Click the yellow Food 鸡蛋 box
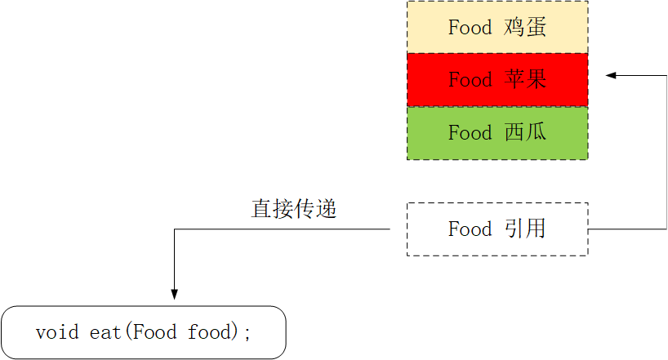point(497,27)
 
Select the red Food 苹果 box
point(497,80)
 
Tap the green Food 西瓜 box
point(497,133)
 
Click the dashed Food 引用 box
point(497,229)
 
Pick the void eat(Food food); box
point(144,332)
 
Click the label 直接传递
point(294,209)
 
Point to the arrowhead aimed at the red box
point(611,76)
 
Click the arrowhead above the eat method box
point(173,294)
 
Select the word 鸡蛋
point(524,27)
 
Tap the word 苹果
point(524,80)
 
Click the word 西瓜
point(524,133)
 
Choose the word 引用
point(524,229)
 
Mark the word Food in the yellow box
point(470,27)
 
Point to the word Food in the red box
point(470,80)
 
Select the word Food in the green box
point(470,133)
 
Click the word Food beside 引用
point(470,229)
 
